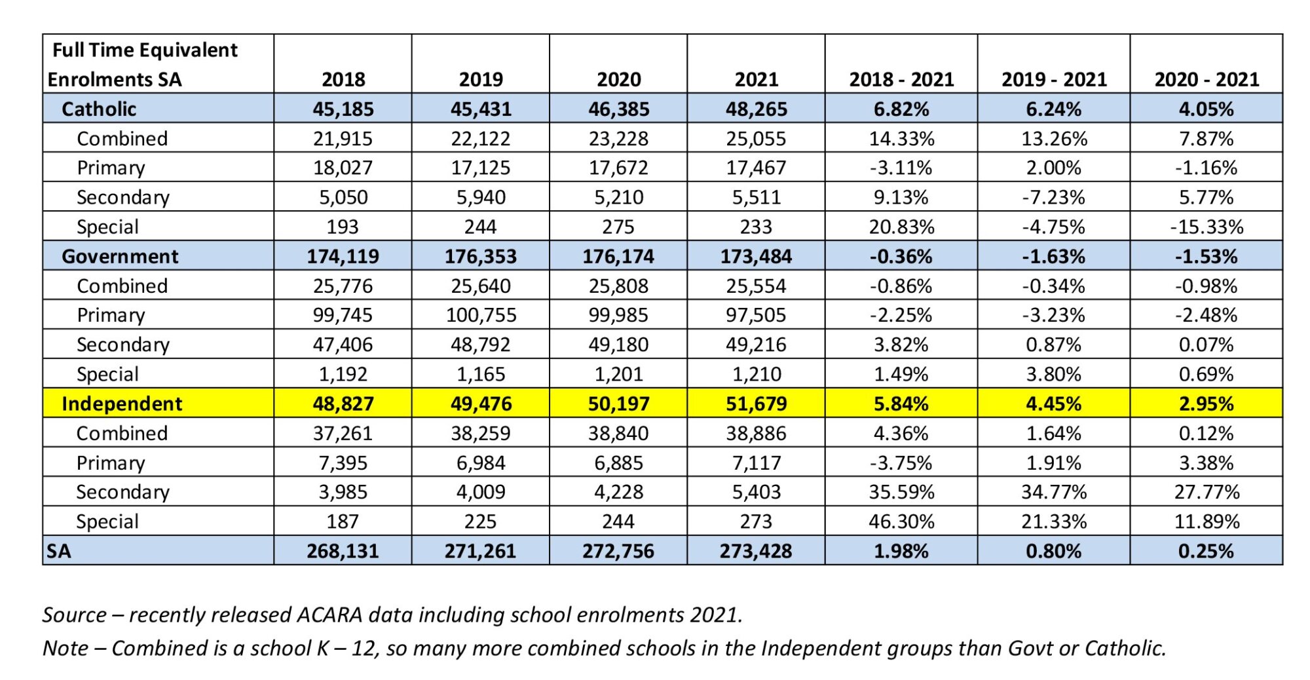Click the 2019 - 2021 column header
(1054, 79)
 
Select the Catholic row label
(99, 109)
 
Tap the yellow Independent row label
(122, 404)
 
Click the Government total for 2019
(481, 256)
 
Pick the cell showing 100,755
(481, 315)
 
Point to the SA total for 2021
(756, 551)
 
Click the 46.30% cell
(901, 521)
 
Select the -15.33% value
(1207, 227)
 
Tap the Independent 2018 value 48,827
(343, 404)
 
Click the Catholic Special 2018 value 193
(343, 227)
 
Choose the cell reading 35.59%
(901, 492)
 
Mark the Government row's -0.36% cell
(901, 256)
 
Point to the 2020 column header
(618, 79)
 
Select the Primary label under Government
(111, 315)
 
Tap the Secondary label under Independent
(122, 492)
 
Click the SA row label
(58, 551)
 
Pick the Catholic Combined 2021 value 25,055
(756, 138)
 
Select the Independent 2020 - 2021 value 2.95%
(1207, 404)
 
